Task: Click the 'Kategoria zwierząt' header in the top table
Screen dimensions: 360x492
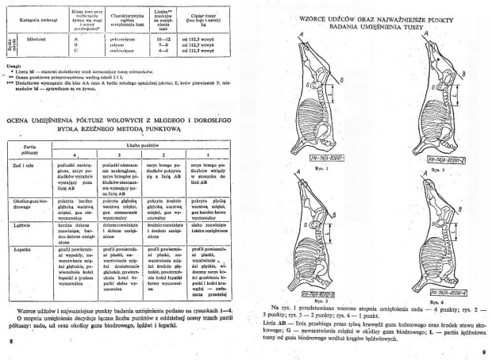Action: coord(39,15)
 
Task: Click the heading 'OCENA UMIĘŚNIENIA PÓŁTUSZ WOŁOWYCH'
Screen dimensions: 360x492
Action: coord(111,119)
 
